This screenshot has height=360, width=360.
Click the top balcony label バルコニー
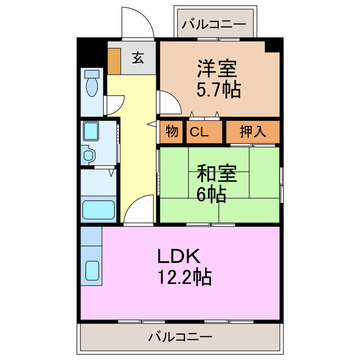(x=214, y=25)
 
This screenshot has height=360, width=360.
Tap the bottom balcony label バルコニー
(x=180, y=337)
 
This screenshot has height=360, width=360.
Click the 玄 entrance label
(x=137, y=57)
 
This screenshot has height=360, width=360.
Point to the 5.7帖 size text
(x=218, y=89)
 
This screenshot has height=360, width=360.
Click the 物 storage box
(x=173, y=133)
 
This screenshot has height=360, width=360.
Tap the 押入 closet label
(x=253, y=133)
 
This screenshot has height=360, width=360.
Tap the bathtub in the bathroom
(x=99, y=209)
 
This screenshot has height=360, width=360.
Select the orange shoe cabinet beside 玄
(x=114, y=62)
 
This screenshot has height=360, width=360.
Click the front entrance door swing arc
(x=136, y=22)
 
